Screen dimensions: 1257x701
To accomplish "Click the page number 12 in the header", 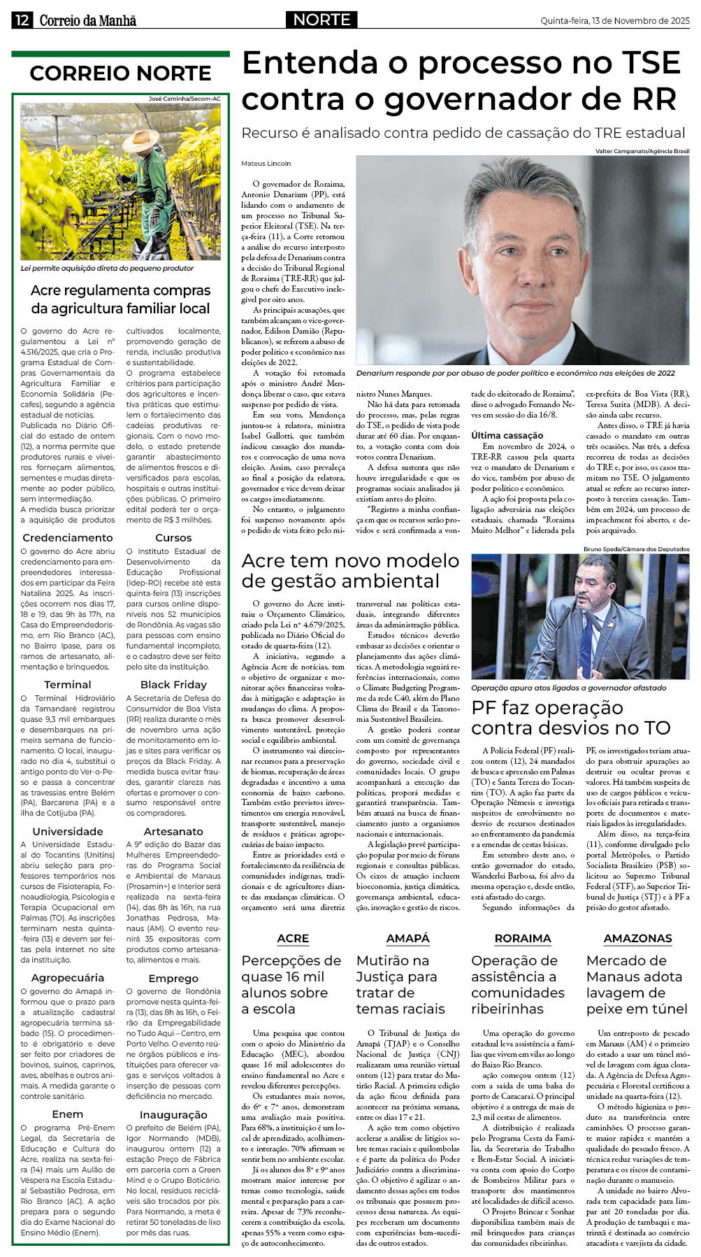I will [x=21, y=20].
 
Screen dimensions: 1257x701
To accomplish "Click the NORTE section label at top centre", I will [x=321, y=20].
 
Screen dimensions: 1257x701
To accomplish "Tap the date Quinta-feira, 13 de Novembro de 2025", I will [x=614, y=21].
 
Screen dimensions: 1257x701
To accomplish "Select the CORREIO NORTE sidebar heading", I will [x=120, y=73].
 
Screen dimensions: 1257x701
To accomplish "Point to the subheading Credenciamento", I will [x=68, y=538].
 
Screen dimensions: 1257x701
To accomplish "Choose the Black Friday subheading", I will [x=173, y=685].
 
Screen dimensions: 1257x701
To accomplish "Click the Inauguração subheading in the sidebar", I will [x=173, y=1114].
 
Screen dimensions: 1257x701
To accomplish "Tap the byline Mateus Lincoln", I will [x=266, y=164].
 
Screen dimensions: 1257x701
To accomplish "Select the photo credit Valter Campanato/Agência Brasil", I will [x=642, y=151].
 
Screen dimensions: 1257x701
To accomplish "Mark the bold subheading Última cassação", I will [x=507, y=435].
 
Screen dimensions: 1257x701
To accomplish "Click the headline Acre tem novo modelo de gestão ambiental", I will [x=350, y=571].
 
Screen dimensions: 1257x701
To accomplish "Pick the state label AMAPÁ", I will [x=407, y=938].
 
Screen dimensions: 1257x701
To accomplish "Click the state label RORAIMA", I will [x=522, y=938].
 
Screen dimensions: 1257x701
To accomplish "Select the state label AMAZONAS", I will [x=637, y=938].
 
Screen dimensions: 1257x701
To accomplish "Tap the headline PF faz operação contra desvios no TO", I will [x=570, y=718].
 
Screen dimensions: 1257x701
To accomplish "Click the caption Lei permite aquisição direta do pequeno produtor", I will [x=107, y=268].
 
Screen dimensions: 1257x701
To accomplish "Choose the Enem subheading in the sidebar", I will [x=68, y=1114].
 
